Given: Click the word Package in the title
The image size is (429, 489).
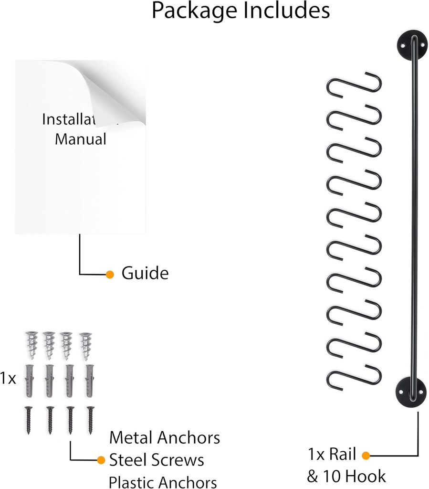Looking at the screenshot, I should click(195, 11).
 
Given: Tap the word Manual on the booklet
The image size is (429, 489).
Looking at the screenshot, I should click(80, 139).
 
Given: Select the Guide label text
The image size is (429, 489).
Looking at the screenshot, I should click(145, 274).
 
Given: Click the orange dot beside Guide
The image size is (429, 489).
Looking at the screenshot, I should click(110, 274).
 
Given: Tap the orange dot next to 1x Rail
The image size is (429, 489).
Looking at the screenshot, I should click(366, 455).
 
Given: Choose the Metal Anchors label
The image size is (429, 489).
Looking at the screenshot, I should click(165, 437).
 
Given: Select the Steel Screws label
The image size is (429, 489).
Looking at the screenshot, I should click(157, 460).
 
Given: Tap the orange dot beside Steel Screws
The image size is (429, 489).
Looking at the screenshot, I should click(101, 460).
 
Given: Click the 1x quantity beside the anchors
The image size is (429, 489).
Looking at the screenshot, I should click(8, 379).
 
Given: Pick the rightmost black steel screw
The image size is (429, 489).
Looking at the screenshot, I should click(90, 419).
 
